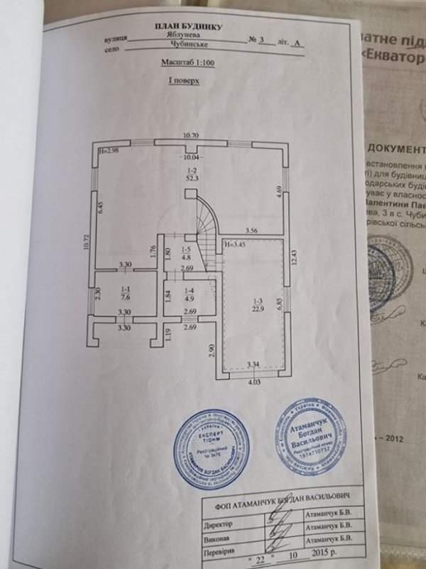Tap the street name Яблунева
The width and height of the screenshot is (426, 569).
pyautogui.click(x=169, y=42)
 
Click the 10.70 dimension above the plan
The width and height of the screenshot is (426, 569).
pyautogui.click(x=190, y=134)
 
